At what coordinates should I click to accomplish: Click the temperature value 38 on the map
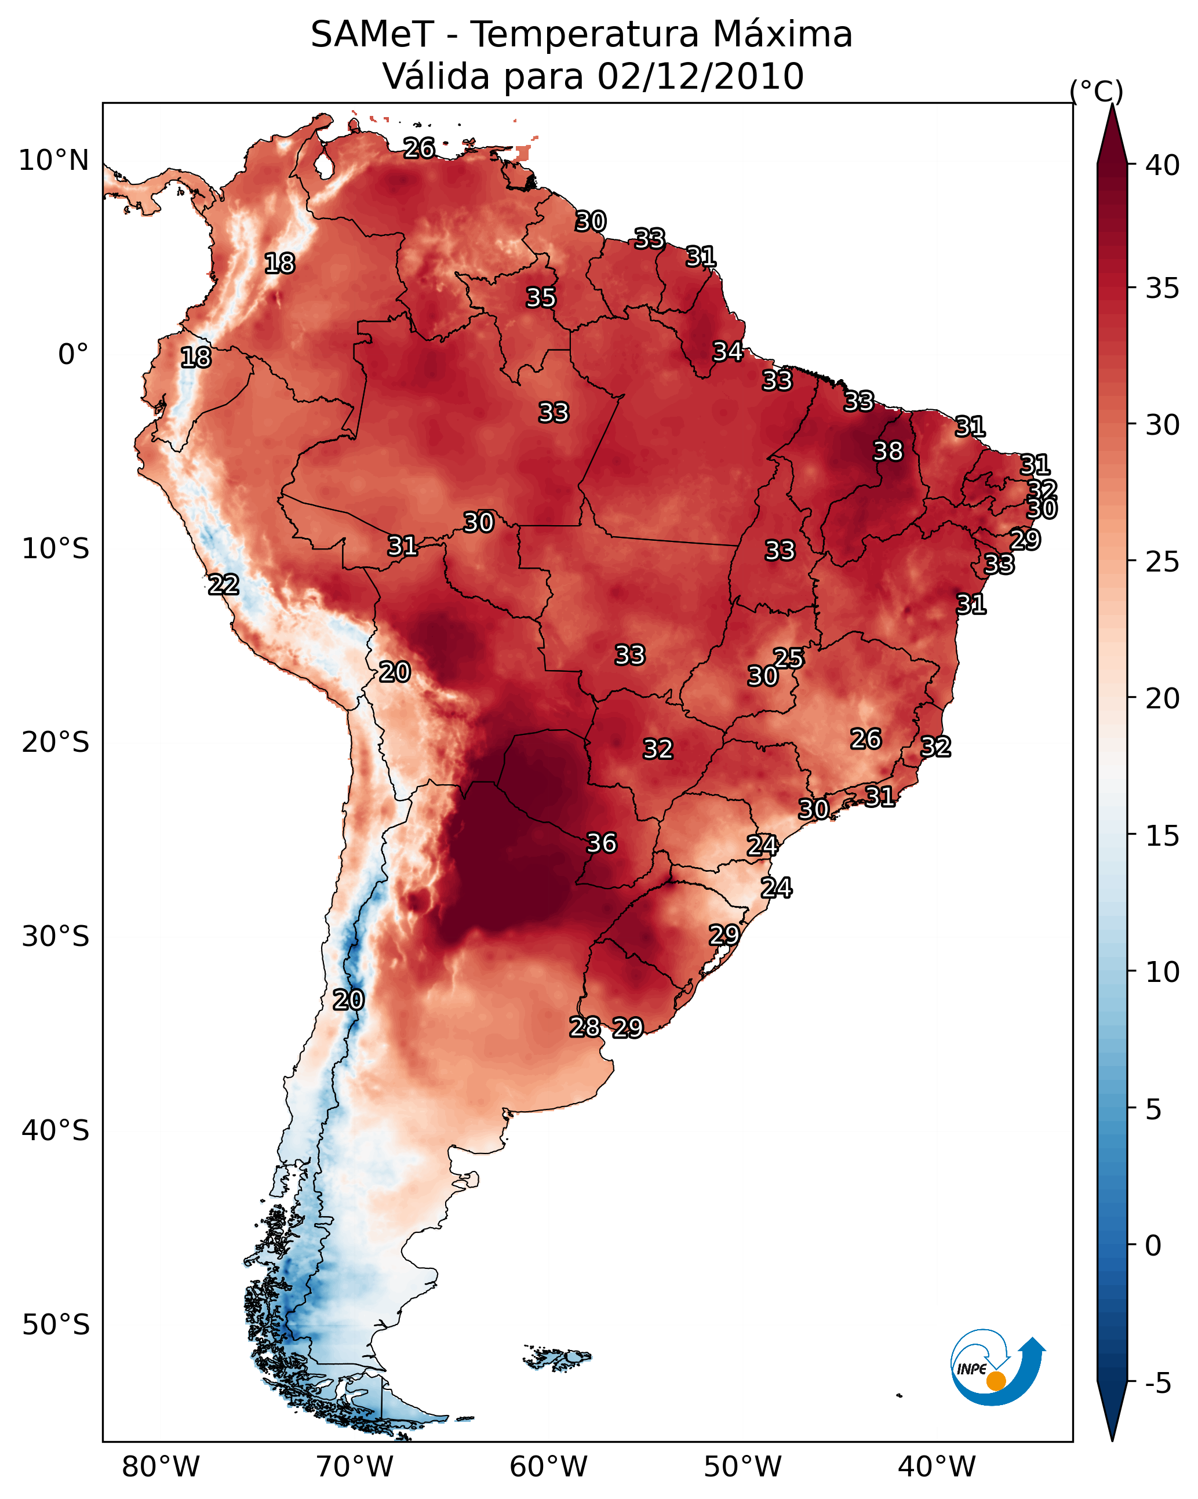tap(888, 451)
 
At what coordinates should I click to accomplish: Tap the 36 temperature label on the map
tap(602, 843)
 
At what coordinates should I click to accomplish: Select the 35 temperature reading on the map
tap(540, 297)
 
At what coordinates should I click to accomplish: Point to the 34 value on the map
tap(727, 351)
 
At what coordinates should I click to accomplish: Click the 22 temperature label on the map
tap(223, 584)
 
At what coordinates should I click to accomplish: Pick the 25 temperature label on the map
tap(788, 658)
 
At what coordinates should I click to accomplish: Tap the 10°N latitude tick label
tap(53, 161)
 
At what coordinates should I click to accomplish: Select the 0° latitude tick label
tap(73, 355)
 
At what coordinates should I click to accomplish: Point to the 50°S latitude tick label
tap(56, 1325)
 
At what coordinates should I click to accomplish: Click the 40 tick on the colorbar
tap(1163, 165)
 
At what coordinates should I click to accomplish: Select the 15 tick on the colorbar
tap(1163, 836)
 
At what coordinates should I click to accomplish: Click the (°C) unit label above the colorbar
tap(1096, 91)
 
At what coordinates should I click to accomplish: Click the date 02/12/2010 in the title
tap(700, 76)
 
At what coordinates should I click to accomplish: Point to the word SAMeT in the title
tap(372, 34)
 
